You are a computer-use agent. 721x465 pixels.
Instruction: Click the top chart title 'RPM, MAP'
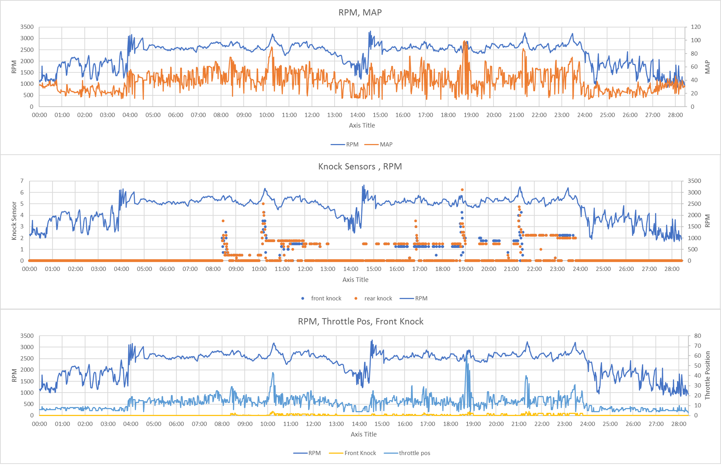tap(360, 13)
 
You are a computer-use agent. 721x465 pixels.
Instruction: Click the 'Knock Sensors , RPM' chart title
tap(360, 166)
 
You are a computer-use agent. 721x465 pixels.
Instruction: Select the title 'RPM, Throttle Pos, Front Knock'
tap(360, 321)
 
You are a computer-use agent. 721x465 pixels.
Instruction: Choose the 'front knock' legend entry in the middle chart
tap(326, 298)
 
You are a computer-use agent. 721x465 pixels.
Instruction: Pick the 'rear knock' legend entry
tap(378, 298)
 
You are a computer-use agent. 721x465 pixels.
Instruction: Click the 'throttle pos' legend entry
tap(414, 453)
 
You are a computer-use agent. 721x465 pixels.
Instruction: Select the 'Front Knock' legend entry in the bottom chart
tap(360, 453)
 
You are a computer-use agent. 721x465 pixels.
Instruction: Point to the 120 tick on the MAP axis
tap(696, 27)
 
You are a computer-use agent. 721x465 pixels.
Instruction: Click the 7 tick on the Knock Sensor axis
tap(22, 181)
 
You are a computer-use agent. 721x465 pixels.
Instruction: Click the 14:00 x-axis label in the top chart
tap(357, 115)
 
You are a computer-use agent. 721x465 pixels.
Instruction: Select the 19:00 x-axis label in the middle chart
tap(465, 269)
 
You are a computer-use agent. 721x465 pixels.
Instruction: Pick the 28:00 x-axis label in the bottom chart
tap(678, 424)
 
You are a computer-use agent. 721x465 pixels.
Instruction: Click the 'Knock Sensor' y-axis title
tap(14, 221)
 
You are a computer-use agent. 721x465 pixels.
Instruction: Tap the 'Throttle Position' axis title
tap(707, 375)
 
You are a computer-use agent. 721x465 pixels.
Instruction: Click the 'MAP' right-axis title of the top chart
tap(707, 67)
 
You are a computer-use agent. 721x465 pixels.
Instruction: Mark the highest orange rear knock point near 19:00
tap(462, 190)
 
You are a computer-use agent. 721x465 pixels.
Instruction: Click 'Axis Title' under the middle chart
tap(355, 280)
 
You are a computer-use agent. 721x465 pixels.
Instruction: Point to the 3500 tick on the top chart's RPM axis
tap(27, 27)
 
